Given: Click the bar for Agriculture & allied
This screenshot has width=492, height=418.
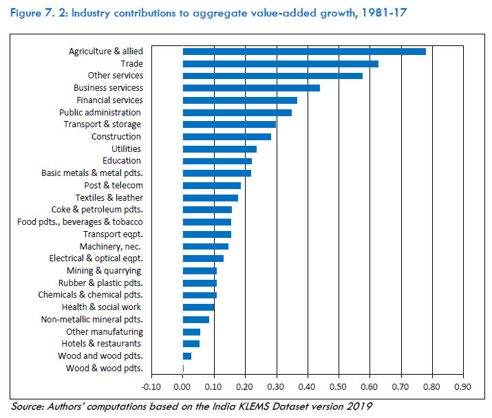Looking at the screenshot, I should pos(304,52).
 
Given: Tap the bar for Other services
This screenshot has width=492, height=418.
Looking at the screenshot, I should pos(272,76).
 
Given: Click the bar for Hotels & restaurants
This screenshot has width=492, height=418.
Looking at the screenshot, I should pos(191,344).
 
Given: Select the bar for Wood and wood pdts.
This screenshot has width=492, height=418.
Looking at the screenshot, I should pos(187,356).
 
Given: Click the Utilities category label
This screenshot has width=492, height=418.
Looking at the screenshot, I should pos(126,149).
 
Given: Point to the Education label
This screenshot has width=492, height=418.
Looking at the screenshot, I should pos(122,161).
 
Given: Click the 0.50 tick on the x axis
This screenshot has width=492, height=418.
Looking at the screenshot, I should pos(339,386).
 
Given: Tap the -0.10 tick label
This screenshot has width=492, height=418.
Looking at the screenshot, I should pos(151,386).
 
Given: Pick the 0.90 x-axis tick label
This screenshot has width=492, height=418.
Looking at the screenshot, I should pos(463,386).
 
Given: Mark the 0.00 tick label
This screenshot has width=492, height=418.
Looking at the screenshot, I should pos(182,386).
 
